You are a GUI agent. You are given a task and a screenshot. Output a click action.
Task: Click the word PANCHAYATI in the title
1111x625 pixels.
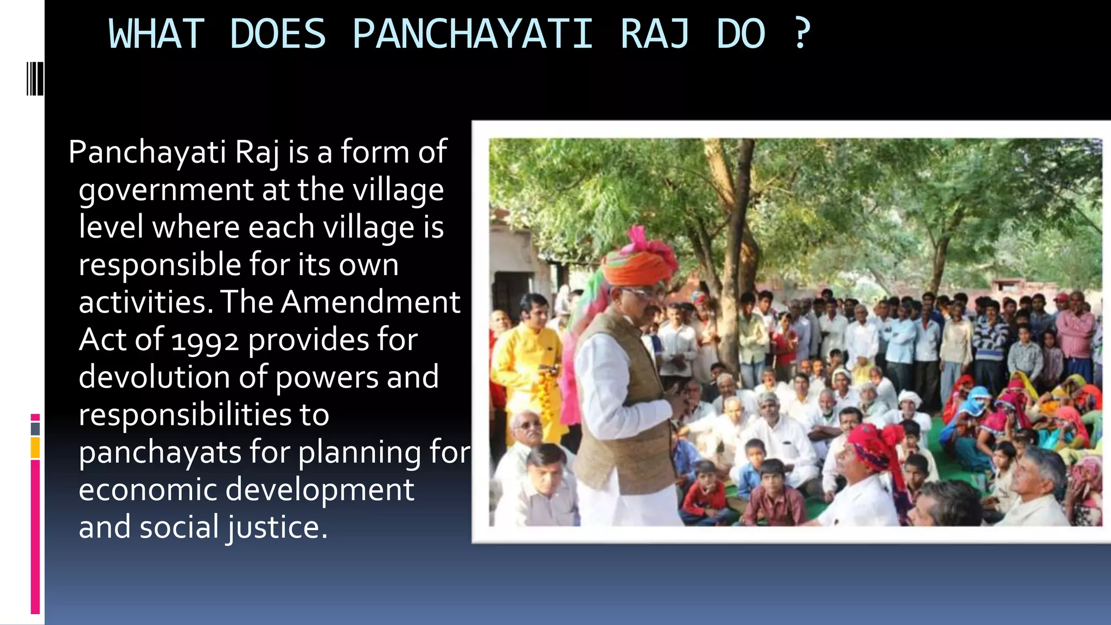pyautogui.click(x=472, y=34)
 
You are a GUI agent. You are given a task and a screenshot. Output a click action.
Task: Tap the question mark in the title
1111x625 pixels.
pyautogui.click(x=802, y=33)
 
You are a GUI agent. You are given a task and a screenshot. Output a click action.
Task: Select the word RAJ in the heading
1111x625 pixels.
pyautogui.click(x=655, y=34)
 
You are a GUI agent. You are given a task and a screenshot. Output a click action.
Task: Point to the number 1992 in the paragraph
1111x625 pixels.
pyautogui.click(x=205, y=341)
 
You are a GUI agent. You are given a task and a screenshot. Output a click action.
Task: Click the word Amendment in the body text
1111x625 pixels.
pyautogui.click(x=371, y=302)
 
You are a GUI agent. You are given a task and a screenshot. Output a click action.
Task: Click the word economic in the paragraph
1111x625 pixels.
pyautogui.click(x=147, y=489)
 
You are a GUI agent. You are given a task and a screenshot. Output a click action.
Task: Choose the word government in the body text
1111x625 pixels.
pyautogui.click(x=166, y=190)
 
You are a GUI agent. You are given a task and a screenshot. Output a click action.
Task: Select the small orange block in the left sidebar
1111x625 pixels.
pyautogui.click(x=35, y=448)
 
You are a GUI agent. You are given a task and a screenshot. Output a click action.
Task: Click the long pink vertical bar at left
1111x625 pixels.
pyautogui.click(x=35, y=537)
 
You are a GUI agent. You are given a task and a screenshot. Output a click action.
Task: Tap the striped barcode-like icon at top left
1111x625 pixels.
pyautogui.click(x=35, y=79)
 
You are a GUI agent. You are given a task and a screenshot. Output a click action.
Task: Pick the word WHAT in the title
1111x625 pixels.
pyautogui.click(x=156, y=34)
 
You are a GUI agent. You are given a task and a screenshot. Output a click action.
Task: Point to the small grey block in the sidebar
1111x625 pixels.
pyautogui.click(x=35, y=429)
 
